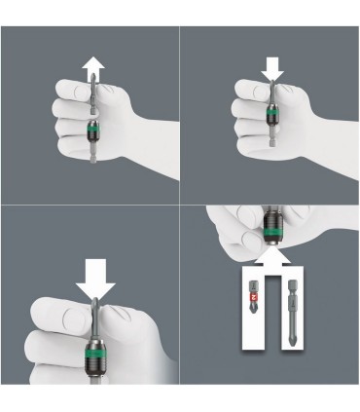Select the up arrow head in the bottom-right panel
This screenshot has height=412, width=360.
tap(274, 255)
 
